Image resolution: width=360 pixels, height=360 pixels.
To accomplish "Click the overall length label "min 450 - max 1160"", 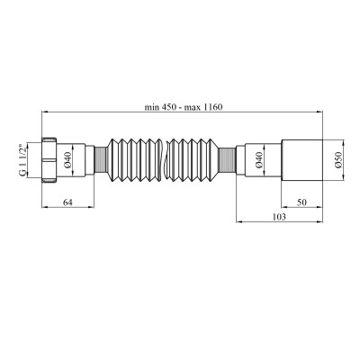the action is (184, 107).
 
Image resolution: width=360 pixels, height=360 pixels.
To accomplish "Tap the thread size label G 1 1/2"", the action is (22, 160).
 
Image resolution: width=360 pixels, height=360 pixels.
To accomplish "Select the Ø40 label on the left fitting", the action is (67, 160).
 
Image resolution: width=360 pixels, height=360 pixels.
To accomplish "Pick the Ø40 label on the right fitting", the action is (258, 160).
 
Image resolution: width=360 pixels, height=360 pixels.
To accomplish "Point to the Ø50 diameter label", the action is (338, 160).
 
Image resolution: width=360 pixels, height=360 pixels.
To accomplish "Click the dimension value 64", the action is (67, 202).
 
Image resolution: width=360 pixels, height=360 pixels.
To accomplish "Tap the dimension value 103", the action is (279, 217).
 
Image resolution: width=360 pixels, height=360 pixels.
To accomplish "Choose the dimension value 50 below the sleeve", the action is (302, 202).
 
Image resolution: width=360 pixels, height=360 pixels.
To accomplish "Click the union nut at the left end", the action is (49, 160).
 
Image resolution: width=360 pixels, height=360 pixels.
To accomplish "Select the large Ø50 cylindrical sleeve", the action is (301, 160).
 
